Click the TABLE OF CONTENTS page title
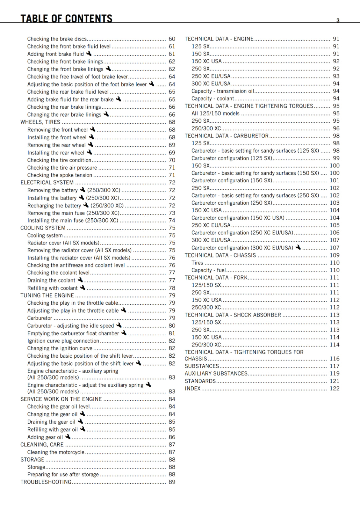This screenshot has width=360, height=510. coord(66,18)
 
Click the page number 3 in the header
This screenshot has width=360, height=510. coord(338,20)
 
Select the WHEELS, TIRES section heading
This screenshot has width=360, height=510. coord(40,122)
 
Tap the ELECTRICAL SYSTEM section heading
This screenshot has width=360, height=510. coord(47,183)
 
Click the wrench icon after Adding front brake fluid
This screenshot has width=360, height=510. coord(89,54)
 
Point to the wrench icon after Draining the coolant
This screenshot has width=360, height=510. coord(80,280)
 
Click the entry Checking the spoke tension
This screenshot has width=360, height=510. coord(60,175)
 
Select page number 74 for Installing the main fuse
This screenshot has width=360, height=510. coord(172,220)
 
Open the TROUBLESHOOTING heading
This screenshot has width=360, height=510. coord(46,482)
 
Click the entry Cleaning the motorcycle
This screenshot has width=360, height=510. coord(56,452)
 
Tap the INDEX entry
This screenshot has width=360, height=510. coord(193,388)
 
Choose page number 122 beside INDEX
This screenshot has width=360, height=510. coord(335,388)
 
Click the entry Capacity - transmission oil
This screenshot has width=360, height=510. coord(223,91)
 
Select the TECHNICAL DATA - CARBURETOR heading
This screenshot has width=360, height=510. coord(227,136)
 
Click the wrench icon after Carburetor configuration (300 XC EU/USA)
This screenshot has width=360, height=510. coord(298,247)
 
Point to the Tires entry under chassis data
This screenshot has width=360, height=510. coord(197,263)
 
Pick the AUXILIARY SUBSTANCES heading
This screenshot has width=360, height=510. coord(216,373)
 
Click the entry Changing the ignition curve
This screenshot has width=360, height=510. coord(60,348)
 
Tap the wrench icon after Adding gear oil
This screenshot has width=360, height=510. coord(68,437)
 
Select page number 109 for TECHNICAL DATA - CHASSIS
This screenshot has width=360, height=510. coord(335,255)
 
